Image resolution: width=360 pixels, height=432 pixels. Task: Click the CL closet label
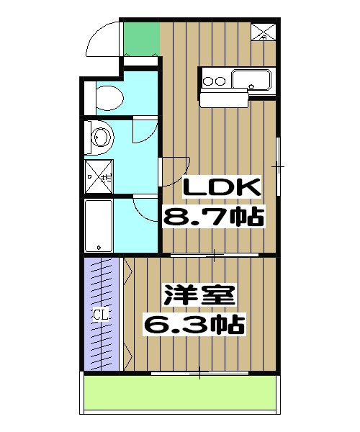(x=100, y=315)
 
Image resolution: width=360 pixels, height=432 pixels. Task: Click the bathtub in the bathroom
(x=99, y=225)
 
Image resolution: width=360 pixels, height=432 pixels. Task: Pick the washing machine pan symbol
(x=98, y=175)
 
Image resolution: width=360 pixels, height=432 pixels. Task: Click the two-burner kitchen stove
(x=215, y=79)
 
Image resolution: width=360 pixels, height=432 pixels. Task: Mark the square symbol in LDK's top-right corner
(x=261, y=32)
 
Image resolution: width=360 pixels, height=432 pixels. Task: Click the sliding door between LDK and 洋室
(x=215, y=255)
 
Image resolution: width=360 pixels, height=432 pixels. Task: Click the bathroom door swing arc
(x=144, y=209)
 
